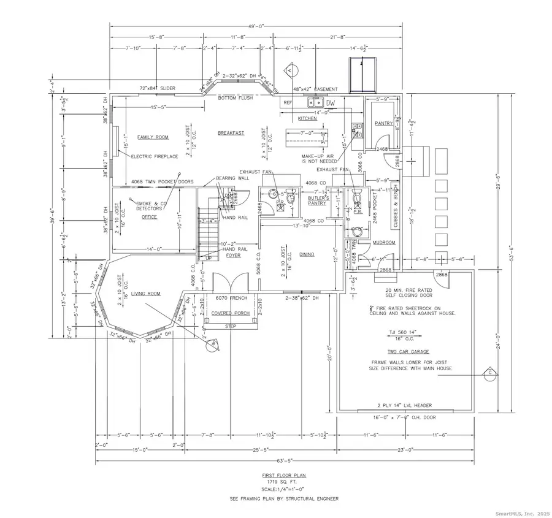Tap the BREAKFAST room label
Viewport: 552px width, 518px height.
point(231,133)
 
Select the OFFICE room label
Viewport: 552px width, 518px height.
point(150,217)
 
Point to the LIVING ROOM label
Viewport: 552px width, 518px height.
point(145,294)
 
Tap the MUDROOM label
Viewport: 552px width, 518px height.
point(384,243)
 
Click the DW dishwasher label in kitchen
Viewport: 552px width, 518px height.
point(331,103)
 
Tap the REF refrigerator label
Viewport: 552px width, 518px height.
point(287,103)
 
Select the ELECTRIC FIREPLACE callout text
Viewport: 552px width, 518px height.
point(155,156)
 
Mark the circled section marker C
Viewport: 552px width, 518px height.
point(490,371)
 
